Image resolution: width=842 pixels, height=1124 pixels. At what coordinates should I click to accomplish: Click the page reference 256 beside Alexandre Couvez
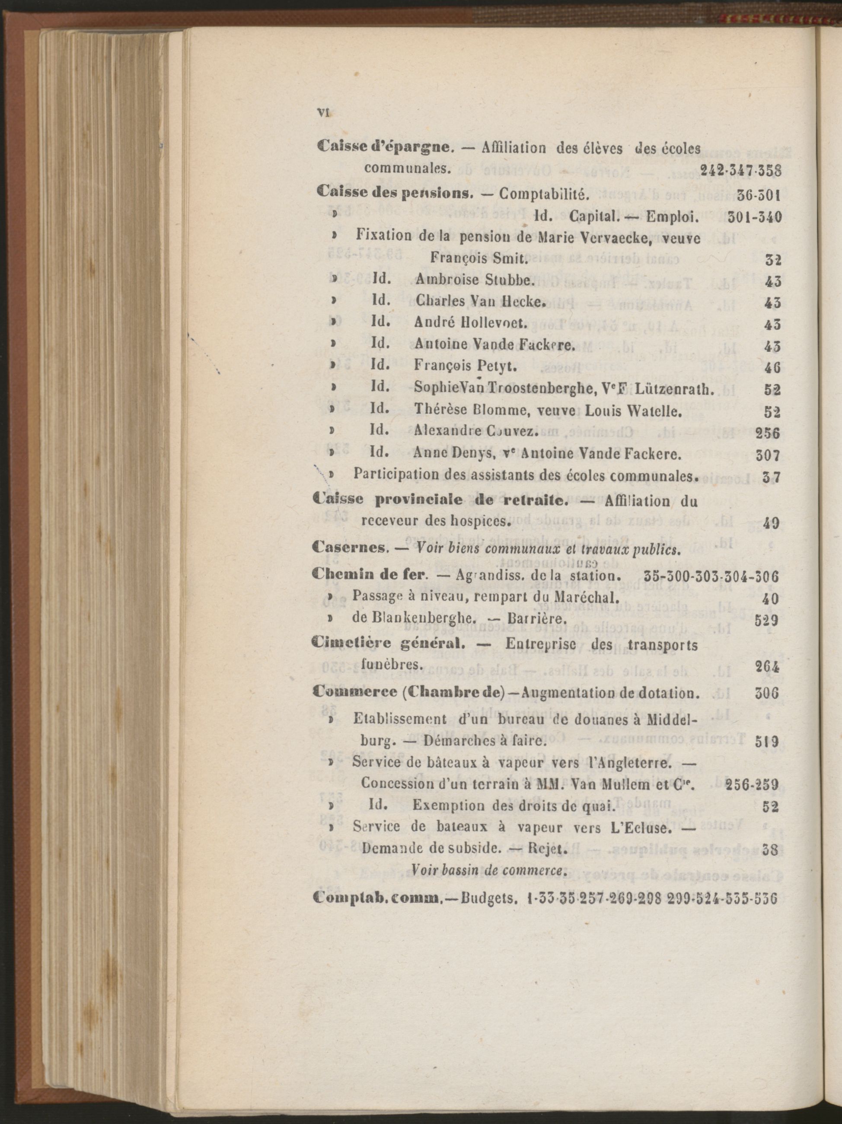(768, 433)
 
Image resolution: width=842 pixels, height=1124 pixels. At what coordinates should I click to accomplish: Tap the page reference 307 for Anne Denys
(768, 455)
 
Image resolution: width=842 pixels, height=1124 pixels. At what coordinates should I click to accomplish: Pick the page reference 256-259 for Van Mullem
(753, 784)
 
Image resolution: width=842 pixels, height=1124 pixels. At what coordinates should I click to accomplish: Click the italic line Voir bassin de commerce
(489, 869)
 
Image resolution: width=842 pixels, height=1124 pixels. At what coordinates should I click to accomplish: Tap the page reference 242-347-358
(741, 170)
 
